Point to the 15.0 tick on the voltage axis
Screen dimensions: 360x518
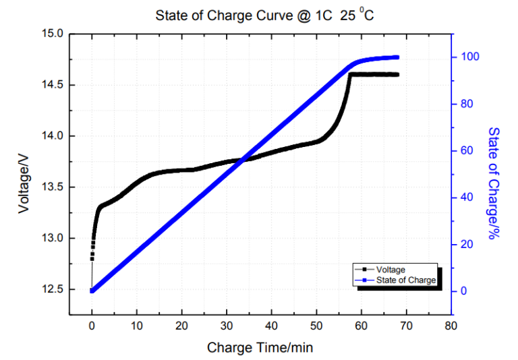53,33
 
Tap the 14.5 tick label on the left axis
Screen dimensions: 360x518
53,84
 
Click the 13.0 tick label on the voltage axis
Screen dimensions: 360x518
53,238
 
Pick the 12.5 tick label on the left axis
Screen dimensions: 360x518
53,289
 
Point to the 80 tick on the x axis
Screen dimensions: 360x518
451,326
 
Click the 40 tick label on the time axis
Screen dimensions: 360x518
272,326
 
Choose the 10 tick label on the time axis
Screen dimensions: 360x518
137,326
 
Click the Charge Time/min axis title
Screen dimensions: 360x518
260,348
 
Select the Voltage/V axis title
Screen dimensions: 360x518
24,182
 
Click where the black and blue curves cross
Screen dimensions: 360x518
241,159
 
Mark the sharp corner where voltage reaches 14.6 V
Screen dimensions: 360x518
350,73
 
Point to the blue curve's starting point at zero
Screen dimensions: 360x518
92,291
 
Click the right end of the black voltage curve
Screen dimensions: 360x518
397,74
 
